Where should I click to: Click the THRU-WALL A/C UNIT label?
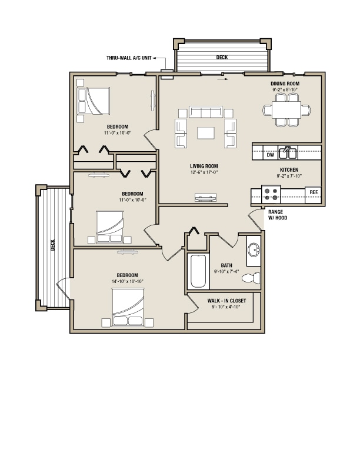pos(129,58)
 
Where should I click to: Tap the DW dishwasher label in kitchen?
pos(271,155)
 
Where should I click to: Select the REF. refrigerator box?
pos(314,195)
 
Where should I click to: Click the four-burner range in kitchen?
pos(271,194)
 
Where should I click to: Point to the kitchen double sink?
pos(288,153)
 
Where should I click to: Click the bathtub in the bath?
pos(198,271)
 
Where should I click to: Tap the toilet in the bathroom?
pos(251,278)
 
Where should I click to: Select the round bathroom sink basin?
pos(254,249)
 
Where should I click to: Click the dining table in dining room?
pos(286,110)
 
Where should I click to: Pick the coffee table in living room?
pos(206,133)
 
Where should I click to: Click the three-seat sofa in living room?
pos(206,112)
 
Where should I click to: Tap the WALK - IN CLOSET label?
pos(226,301)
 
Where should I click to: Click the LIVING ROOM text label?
pos(204,166)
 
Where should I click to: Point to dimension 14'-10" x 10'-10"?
pos(128,281)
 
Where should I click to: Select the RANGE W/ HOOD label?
pos(278,215)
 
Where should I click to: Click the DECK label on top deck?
pos(222,57)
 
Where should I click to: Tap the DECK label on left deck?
pos(53,245)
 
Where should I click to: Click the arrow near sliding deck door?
pos(223,79)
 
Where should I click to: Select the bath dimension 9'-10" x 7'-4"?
pos(226,271)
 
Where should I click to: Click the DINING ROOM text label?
pos(285,84)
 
